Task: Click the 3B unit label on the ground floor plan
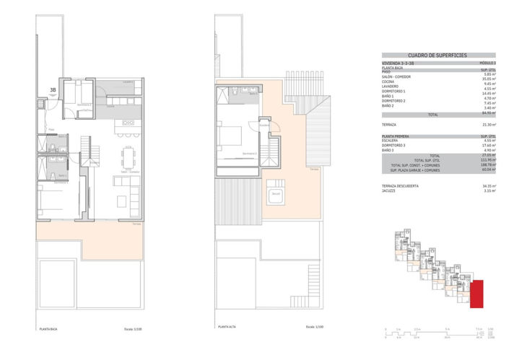(52, 90)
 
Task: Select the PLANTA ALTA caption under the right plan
(227, 328)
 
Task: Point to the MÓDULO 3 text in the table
(487, 63)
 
